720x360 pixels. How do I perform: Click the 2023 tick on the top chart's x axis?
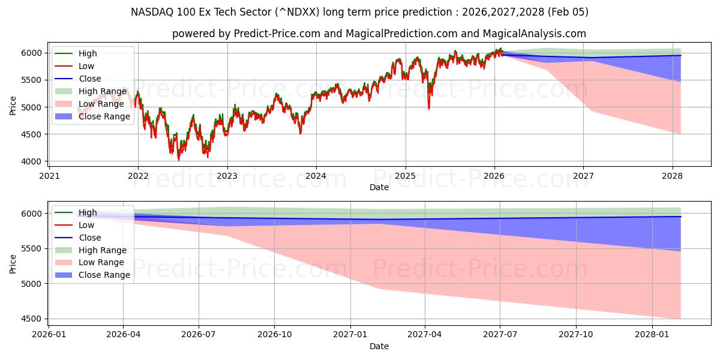[227, 176]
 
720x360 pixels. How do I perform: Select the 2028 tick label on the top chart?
[672, 176]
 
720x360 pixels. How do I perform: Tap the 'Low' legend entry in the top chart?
[86, 66]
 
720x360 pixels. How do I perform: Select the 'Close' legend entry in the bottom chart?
[89, 238]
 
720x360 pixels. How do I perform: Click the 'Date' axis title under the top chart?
[379, 187]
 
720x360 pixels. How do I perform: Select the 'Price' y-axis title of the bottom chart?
[13, 263]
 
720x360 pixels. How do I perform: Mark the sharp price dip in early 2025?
[428, 109]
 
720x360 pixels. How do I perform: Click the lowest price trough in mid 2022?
[178, 160]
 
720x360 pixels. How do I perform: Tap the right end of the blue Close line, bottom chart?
[680, 217]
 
